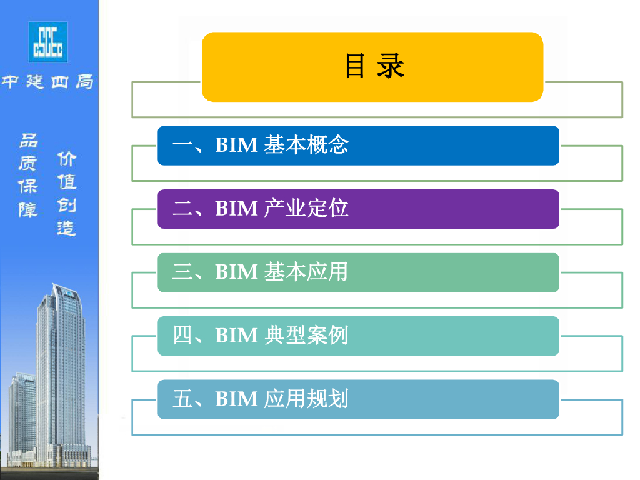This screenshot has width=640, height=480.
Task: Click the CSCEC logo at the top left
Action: click(x=48, y=41)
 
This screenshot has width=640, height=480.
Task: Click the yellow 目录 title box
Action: click(x=372, y=67)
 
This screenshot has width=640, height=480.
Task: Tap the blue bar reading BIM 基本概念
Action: click(x=358, y=146)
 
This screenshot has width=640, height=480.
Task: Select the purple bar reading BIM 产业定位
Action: click(x=358, y=209)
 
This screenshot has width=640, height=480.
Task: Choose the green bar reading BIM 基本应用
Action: click(x=358, y=272)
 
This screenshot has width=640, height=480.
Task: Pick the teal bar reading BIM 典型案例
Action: click(x=358, y=336)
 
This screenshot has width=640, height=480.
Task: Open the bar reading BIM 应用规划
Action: click(x=358, y=399)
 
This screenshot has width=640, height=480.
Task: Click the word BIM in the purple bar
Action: click(x=236, y=209)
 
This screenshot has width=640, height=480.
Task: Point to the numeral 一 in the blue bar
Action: click(x=182, y=146)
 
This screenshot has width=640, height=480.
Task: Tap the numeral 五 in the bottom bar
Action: click(x=182, y=399)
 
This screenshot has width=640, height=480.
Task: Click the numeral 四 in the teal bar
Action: click(x=182, y=336)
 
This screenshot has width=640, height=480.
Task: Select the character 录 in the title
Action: click(x=391, y=66)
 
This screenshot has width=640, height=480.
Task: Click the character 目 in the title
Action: click(x=354, y=66)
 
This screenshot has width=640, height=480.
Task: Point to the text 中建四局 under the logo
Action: click(x=47, y=82)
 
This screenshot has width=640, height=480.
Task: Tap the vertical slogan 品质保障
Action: click(x=28, y=175)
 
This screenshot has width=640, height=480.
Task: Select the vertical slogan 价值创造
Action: click(x=66, y=194)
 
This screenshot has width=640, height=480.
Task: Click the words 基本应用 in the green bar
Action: click(x=306, y=272)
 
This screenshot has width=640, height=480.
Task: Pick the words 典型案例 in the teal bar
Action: click(x=306, y=336)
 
